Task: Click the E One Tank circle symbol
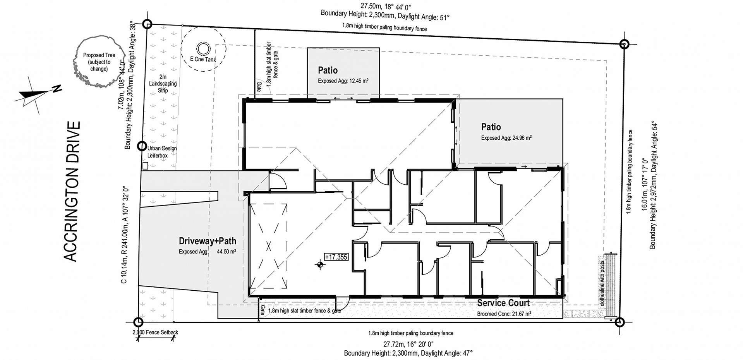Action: click(x=202, y=49)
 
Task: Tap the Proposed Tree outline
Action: click(x=99, y=62)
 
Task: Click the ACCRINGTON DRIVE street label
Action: click(x=72, y=192)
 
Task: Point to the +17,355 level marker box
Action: click(x=336, y=257)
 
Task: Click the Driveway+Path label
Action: click(x=207, y=241)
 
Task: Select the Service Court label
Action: click(x=503, y=303)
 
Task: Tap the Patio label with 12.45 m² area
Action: click(x=328, y=70)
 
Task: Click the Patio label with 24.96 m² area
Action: click(x=491, y=127)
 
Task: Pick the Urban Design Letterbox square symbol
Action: click(x=145, y=166)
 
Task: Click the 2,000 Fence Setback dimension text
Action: click(x=155, y=332)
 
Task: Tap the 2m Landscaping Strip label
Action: click(x=163, y=84)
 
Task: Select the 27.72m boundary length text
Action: click(x=408, y=344)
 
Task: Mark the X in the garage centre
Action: click(x=269, y=246)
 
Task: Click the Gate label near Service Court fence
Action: click(x=262, y=309)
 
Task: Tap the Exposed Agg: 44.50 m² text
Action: click(x=207, y=252)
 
